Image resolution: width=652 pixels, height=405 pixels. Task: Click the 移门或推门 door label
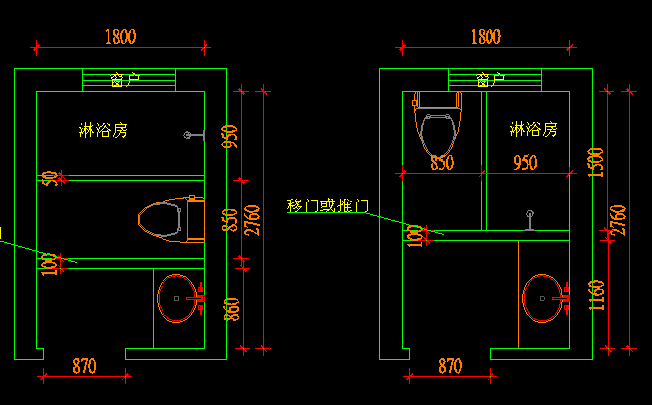point(328,206)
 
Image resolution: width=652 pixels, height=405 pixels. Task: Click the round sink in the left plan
point(179,297)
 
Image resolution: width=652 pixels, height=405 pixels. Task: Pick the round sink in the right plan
point(544,297)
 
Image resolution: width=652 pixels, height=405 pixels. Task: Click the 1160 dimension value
point(596,296)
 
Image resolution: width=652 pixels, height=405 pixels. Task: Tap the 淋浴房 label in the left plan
point(103,130)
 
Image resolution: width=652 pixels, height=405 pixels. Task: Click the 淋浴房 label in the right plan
point(533,130)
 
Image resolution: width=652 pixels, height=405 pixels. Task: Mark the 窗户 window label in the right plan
point(490,80)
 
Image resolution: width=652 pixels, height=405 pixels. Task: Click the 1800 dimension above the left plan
point(120,37)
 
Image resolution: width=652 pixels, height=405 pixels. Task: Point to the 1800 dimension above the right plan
point(485,37)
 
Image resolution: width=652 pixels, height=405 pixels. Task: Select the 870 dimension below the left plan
point(84,366)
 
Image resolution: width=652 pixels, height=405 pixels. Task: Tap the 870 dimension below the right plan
point(451,366)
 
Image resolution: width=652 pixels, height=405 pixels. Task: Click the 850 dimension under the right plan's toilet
point(442,162)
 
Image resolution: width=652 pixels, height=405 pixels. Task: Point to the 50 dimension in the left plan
point(48,178)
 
